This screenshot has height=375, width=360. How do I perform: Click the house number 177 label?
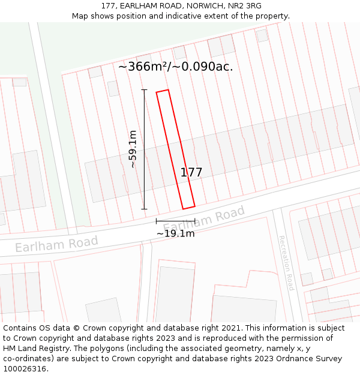tap(191, 173)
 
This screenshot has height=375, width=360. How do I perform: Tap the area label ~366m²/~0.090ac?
tap(175, 67)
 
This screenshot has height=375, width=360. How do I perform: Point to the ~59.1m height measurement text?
tap(133, 149)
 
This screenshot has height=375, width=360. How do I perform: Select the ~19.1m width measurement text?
tap(175, 233)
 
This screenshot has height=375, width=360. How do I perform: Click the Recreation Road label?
tap(286, 263)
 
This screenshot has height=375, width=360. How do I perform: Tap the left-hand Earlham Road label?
tap(56, 244)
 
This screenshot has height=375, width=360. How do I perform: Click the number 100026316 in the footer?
tap(25, 369)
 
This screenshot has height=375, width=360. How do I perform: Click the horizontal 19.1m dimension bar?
tap(175, 221)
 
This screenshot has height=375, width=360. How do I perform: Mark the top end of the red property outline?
tap(163, 92)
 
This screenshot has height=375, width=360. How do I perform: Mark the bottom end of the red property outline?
tap(188, 208)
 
